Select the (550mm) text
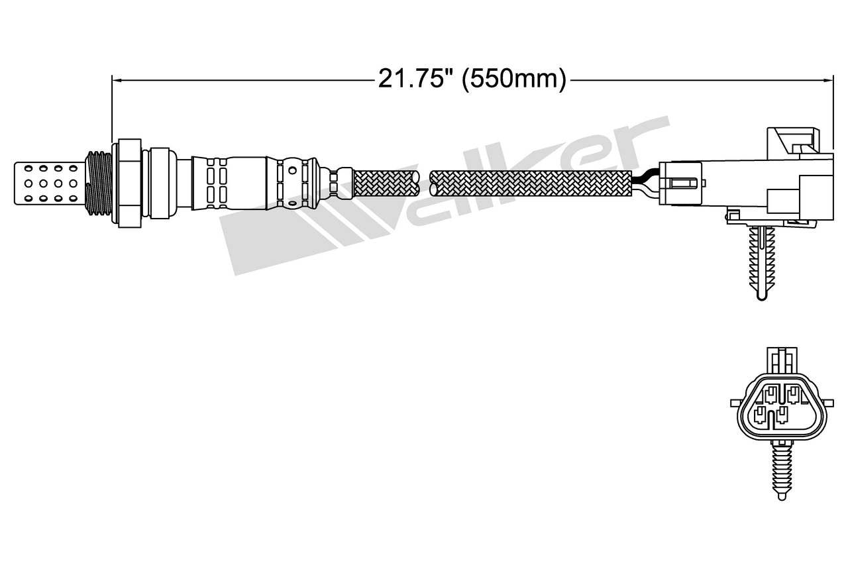point(513,79)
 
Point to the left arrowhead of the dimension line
point(117,80)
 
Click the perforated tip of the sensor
point(50,180)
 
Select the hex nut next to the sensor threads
point(129,182)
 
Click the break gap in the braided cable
point(425,182)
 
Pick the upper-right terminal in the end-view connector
point(792,396)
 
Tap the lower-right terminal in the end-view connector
point(782,416)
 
